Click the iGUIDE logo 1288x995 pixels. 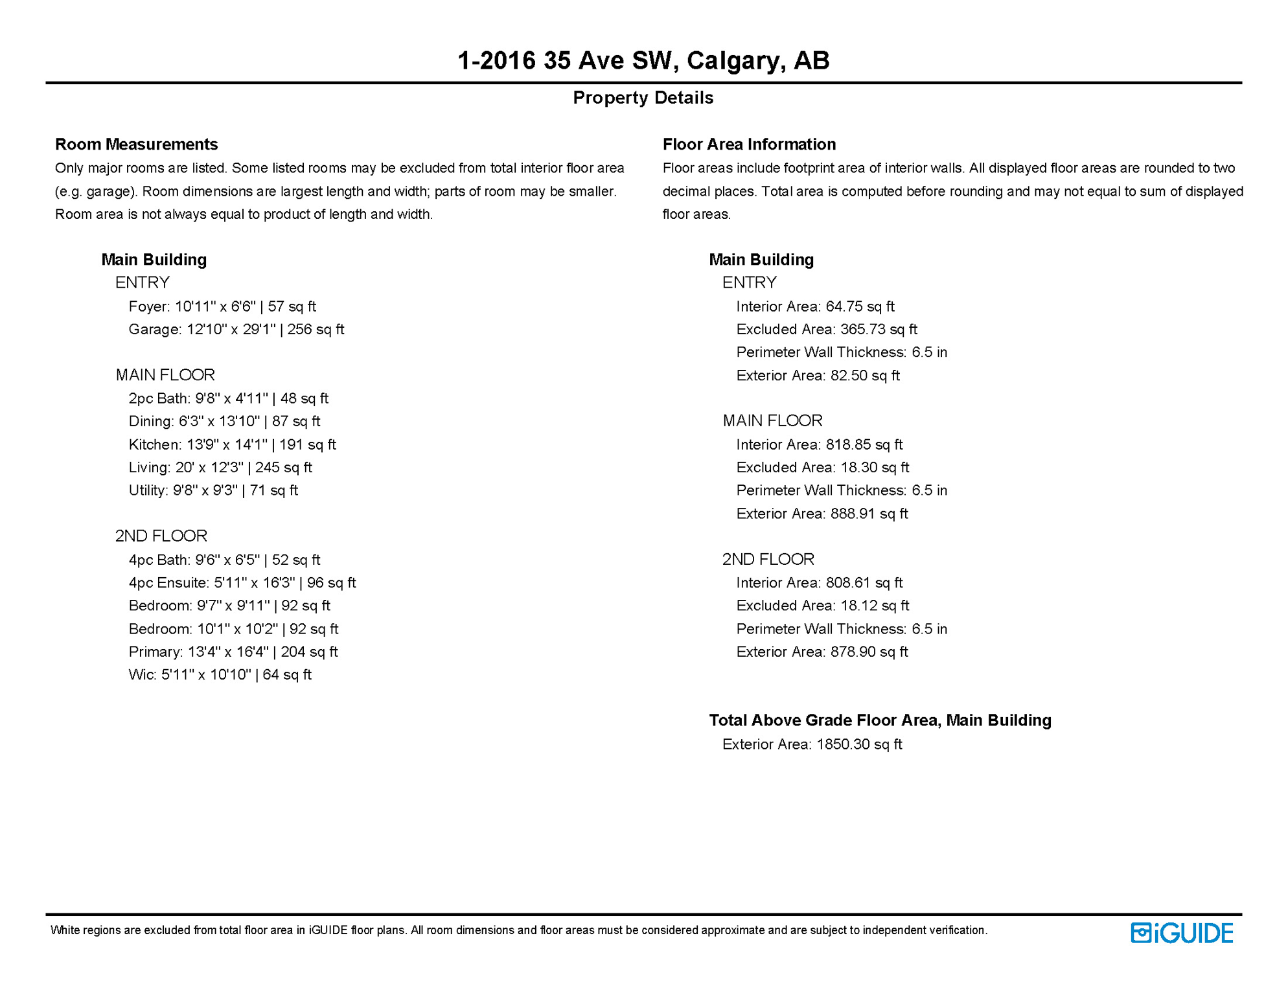(x=1182, y=933)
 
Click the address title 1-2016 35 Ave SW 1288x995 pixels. (x=643, y=60)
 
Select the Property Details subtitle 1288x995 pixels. (x=643, y=98)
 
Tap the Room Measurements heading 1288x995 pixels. (x=136, y=144)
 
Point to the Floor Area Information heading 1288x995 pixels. (x=748, y=144)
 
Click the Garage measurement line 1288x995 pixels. (x=236, y=329)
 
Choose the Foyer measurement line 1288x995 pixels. (x=222, y=306)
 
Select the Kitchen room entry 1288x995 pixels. (x=232, y=444)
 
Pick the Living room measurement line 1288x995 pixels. (x=220, y=467)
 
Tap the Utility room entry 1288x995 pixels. (x=213, y=490)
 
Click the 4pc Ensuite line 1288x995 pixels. (x=242, y=582)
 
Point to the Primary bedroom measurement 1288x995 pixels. (x=233, y=652)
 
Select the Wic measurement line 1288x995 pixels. (x=220, y=674)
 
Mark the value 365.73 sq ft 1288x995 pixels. (x=878, y=329)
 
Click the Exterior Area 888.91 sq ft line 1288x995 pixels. (x=822, y=514)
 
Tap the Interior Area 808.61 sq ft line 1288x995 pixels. (x=819, y=582)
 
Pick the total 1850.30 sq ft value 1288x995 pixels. (x=858, y=744)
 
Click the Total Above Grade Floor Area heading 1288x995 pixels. (x=879, y=720)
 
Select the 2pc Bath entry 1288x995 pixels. (x=228, y=398)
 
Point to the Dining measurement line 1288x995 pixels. (x=224, y=421)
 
